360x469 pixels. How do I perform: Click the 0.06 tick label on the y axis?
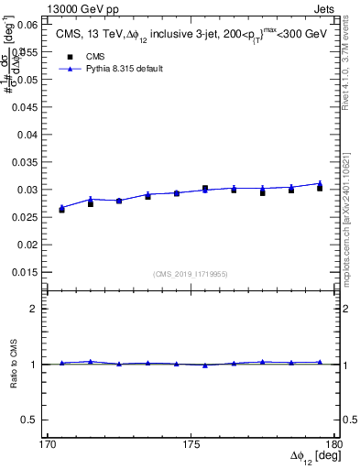tap(26, 25)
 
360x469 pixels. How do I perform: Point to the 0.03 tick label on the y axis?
tap(26, 190)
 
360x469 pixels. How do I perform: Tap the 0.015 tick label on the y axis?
tap(24, 272)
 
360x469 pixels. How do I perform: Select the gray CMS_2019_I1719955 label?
tap(190, 274)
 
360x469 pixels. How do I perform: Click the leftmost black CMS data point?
tap(61, 210)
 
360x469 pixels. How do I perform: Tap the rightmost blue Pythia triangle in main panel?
tap(320, 183)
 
